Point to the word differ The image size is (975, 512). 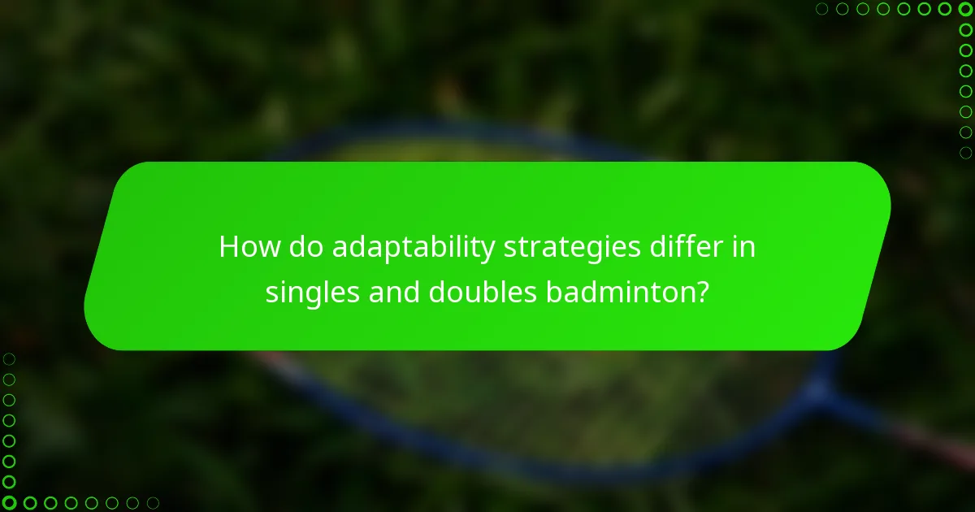(684, 248)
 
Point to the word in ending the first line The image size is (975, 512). (744, 248)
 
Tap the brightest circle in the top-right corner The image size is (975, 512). (965, 10)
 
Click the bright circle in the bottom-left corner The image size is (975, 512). (10, 502)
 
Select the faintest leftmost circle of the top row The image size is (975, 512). (822, 10)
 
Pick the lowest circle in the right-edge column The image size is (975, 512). (965, 153)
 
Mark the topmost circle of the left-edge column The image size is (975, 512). (10, 358)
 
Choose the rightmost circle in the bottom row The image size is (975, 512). (153, 502)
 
